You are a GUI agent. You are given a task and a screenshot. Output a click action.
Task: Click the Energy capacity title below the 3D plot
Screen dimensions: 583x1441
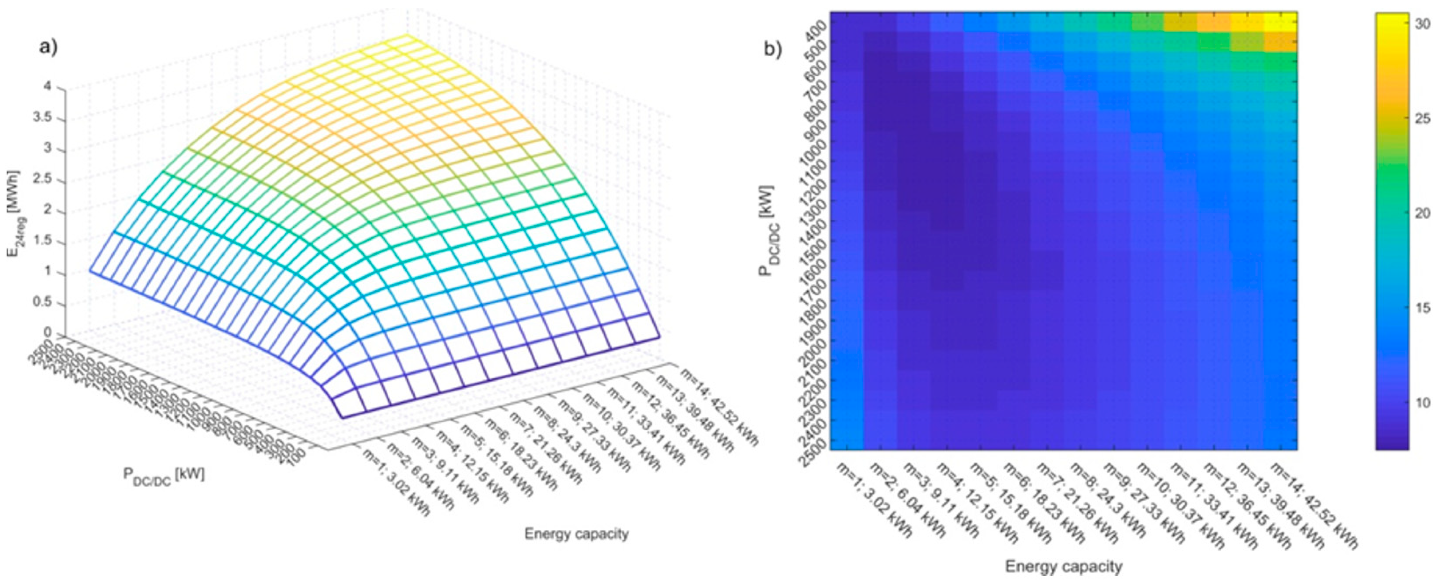(x=576, y=534)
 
